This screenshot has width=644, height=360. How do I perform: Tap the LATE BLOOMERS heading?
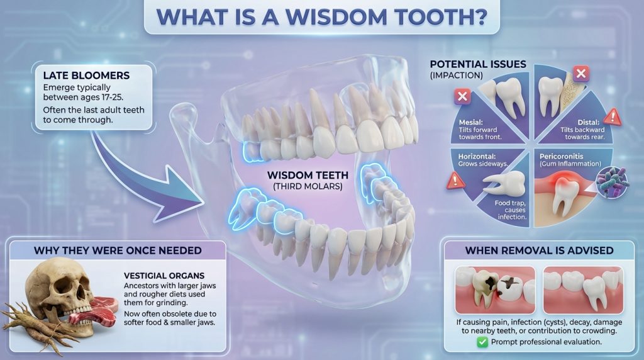click(86, 76)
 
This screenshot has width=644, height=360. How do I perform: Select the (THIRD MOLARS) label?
click(308, 186)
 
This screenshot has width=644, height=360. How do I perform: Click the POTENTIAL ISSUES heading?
click(478, 64)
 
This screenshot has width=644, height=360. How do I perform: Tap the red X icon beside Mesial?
click(462, 96)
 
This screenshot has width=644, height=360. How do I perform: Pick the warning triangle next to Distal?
click(613, 116)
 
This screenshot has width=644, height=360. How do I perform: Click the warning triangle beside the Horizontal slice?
click(455, 181)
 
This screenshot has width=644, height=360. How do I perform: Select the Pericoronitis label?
click(561, 157)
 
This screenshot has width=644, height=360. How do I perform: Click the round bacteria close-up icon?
click(613, 183)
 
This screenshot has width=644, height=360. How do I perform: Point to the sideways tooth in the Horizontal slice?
click(504, 183)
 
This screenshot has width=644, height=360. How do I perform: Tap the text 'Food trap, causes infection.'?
click(511, 210)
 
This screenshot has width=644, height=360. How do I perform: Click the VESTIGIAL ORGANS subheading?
click(164, 276)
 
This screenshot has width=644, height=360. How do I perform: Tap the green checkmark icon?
click(482, 342)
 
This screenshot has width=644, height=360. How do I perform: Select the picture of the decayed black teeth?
click(496, 290)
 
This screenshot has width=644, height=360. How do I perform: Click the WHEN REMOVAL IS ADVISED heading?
click(539, 250)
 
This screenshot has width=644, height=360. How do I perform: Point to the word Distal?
click(589, 122)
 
